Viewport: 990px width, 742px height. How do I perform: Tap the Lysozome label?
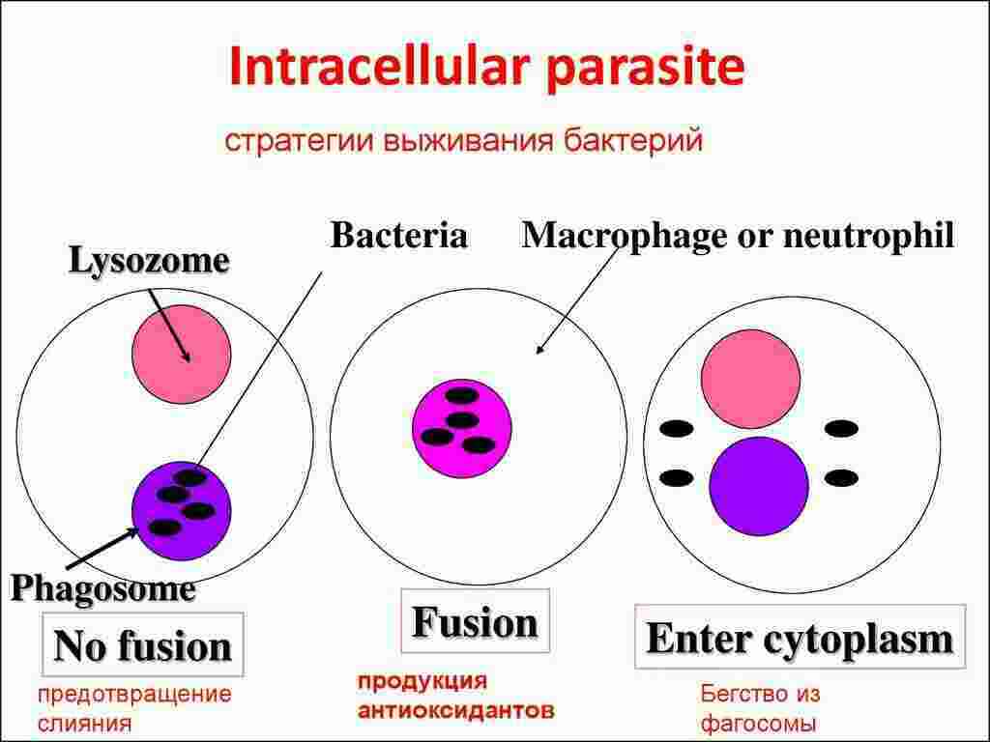pos(149,260)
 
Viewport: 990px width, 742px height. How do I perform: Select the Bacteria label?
pos(398,236)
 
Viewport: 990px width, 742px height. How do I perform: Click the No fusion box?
pos(143,645)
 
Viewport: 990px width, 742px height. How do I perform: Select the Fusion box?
pos(474,623)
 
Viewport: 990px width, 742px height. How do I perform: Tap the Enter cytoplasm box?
pos(799,639)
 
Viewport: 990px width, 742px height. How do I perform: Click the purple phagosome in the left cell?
pos(182,508)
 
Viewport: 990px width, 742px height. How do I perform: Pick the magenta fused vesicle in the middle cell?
pos(461,429)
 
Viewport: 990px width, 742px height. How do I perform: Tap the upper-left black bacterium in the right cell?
pos(676,428)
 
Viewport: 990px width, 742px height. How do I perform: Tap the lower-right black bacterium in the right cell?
pos(841,477)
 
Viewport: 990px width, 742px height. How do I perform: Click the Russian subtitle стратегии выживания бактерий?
pos(464,141)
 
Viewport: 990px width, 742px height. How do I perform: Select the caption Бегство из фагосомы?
pos(759,708)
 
